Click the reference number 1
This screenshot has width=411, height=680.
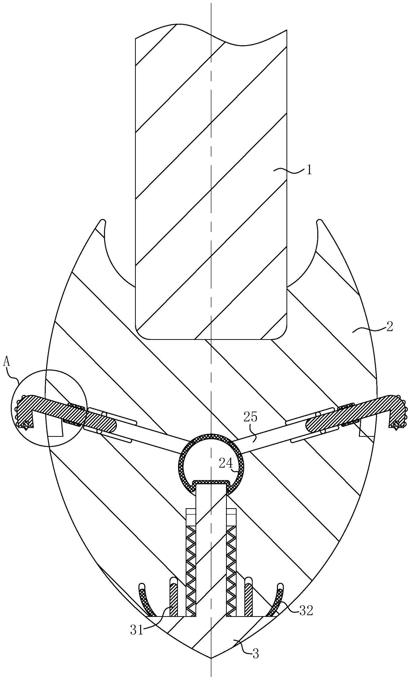point(309,170)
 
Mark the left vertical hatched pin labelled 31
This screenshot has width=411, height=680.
point(173,600)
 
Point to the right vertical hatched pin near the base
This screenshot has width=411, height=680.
point(248,600)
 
